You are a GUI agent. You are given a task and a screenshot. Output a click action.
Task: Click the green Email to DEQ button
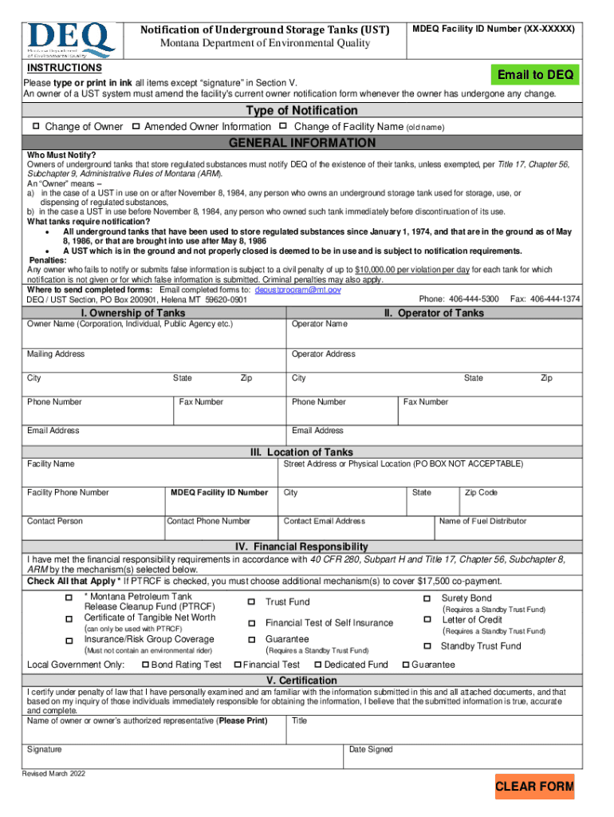coord(536,75)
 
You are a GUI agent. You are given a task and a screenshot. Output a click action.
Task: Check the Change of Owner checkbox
coord(36,127)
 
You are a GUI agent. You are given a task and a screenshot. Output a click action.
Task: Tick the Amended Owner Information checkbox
coord(136,127)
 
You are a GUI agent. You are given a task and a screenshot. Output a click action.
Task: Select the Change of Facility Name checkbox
coord(283,127)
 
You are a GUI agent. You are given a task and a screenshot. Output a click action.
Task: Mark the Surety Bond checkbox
coord(427,598)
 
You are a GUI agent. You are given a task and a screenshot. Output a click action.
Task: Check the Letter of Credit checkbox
coord(427,620)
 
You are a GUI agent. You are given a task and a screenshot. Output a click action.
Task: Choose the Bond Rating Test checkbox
coord(145,665)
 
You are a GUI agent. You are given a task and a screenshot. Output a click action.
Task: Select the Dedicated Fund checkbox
coord(317,665)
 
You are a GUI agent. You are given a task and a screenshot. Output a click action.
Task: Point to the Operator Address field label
coord(324,354)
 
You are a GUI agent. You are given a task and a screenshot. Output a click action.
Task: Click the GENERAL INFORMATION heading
coord(302,144)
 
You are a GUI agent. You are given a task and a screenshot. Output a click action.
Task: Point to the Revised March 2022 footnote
coord(54,774)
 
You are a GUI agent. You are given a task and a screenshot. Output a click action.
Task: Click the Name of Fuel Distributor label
coord(483,521)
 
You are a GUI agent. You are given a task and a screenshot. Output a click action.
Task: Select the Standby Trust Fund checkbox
coord(427,646)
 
